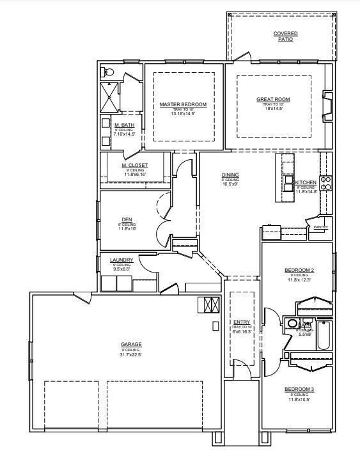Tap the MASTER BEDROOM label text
point(183,104)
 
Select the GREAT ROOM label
point(273,99)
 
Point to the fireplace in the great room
point(327,106)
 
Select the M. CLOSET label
point(135,165)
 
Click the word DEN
point(127,219)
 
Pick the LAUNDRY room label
point(121,260)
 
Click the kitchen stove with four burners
point(326,184)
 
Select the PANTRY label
point(321,227)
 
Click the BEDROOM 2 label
point(299,271)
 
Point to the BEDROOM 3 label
point(299,389)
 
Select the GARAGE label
point(131,345)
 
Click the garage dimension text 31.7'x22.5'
point(131,355)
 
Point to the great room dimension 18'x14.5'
point(273,108)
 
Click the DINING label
point(230,175)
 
